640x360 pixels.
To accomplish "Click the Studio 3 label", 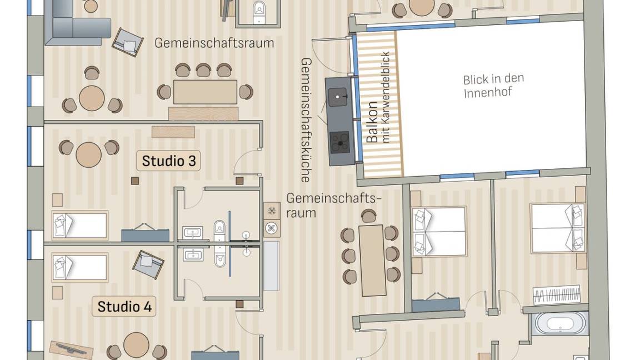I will point(168,161).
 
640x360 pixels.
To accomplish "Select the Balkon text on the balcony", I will point(373,122).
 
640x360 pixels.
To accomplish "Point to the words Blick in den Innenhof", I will point(493,86).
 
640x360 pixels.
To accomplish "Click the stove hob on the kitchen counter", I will point(339,142).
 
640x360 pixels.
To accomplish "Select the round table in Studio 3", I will point(89,154).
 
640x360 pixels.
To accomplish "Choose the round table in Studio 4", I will point(136,345).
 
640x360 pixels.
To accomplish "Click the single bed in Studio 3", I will point(80,225).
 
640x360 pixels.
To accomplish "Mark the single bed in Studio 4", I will point(80,267).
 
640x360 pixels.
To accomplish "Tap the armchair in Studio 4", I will point(148,264).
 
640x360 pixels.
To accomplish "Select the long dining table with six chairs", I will point(371,259).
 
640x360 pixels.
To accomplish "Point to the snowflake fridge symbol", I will point(272,211).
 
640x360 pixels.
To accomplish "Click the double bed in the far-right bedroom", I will point(557,228).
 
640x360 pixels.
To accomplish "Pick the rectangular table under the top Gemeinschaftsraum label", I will point(205,92).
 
